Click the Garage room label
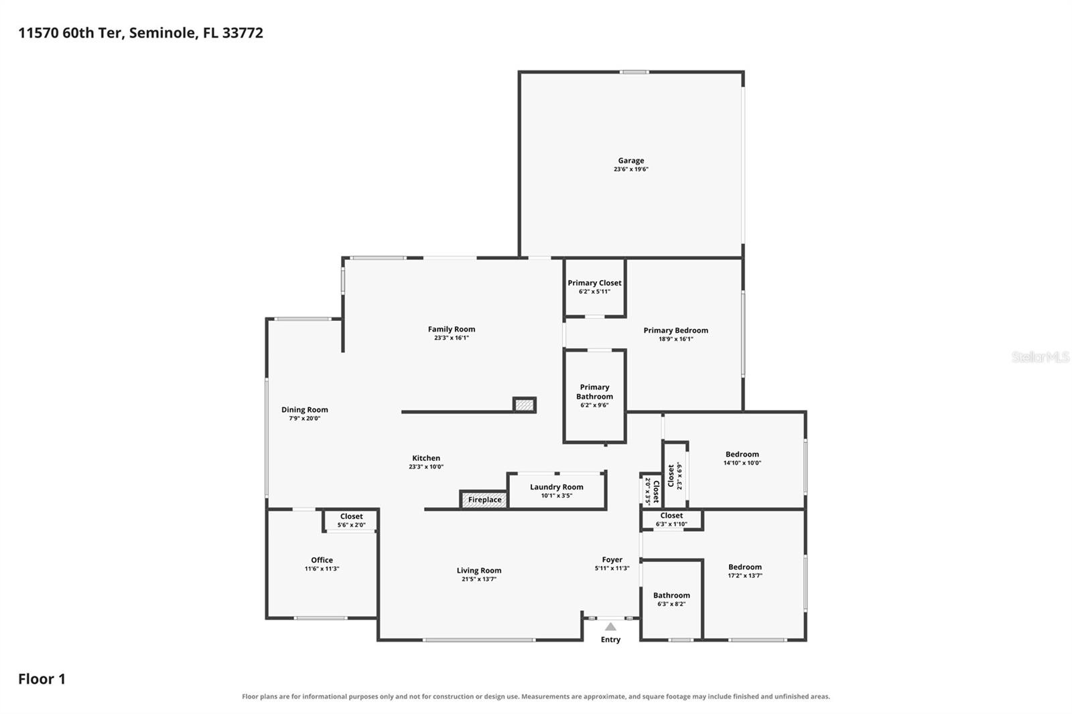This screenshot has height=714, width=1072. coord(630,161)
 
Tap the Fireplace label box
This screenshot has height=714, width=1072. coord(484,500)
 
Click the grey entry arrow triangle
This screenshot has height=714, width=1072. coord(610,626)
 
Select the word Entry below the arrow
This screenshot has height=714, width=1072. coord(610,640)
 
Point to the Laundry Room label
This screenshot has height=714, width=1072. coord(557,487)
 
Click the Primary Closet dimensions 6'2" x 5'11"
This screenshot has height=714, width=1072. coord(594,291)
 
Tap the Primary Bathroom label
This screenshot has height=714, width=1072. coord(594,392)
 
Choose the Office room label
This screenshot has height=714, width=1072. coord(322,560)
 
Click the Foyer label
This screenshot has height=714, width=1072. coord(612,559)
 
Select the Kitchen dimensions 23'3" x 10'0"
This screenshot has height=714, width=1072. coord(426,467)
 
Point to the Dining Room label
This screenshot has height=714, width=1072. coord(304,410)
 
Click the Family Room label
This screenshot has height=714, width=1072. coord(452,330)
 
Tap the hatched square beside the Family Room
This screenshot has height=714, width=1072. coord(525,405)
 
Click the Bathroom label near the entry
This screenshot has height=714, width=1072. coord(671,595)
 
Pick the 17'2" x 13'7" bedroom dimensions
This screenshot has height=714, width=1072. coord(745,576)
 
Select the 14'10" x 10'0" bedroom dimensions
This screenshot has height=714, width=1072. coord(742,463)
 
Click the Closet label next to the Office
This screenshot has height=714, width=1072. coord(351,516)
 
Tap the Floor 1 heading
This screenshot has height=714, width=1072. coord(42,679)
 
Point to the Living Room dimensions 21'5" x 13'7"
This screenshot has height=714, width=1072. coord(478,579)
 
